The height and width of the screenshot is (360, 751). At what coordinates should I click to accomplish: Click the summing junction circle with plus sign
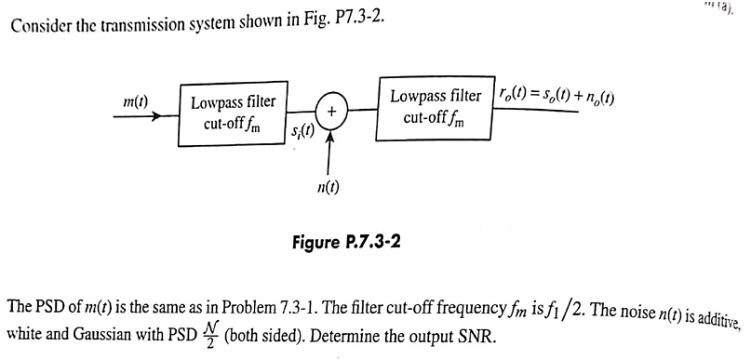click(329, 110)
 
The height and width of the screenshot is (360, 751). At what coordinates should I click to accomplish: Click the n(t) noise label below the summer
click(329, 185)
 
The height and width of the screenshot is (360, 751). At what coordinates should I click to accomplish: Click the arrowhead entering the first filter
click(170, 116)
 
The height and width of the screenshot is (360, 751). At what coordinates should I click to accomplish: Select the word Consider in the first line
click(42, 23)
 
